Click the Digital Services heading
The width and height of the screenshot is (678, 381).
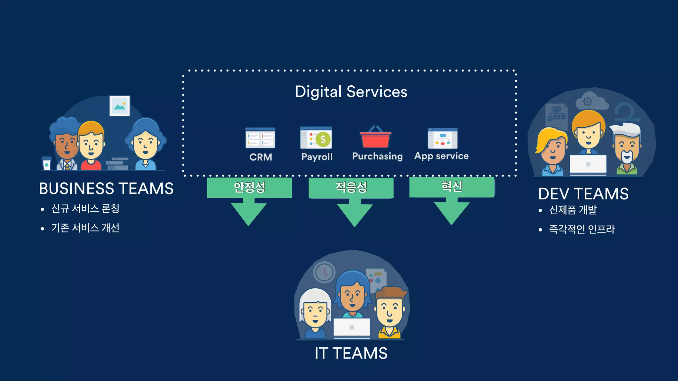tap(351, 92)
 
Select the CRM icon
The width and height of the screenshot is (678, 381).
tap(260, 138)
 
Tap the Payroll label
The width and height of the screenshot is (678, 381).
tap(317, 157)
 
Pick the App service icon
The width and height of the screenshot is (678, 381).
tap(443, 139)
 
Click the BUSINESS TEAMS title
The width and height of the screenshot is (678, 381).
tap(106, 189)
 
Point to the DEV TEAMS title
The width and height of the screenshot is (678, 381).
tap(583, 194)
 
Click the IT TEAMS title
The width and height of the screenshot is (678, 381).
tap(351, 353)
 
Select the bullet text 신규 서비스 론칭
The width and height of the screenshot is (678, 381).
tap(85, 209)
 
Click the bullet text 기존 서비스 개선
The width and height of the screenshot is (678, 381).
tap(85, 228)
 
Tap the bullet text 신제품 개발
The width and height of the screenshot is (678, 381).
tap(573, 210)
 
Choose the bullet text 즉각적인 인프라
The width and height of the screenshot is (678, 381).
tap(582, 229)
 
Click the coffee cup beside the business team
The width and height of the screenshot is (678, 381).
tap(47, 163)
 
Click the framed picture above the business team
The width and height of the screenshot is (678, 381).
tap(120, 106)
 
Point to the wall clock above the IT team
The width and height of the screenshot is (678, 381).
tap(324, 272)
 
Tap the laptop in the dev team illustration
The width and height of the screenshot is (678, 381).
tap(588, 164)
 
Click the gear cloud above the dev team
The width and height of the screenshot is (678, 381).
tap(591, 101)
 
